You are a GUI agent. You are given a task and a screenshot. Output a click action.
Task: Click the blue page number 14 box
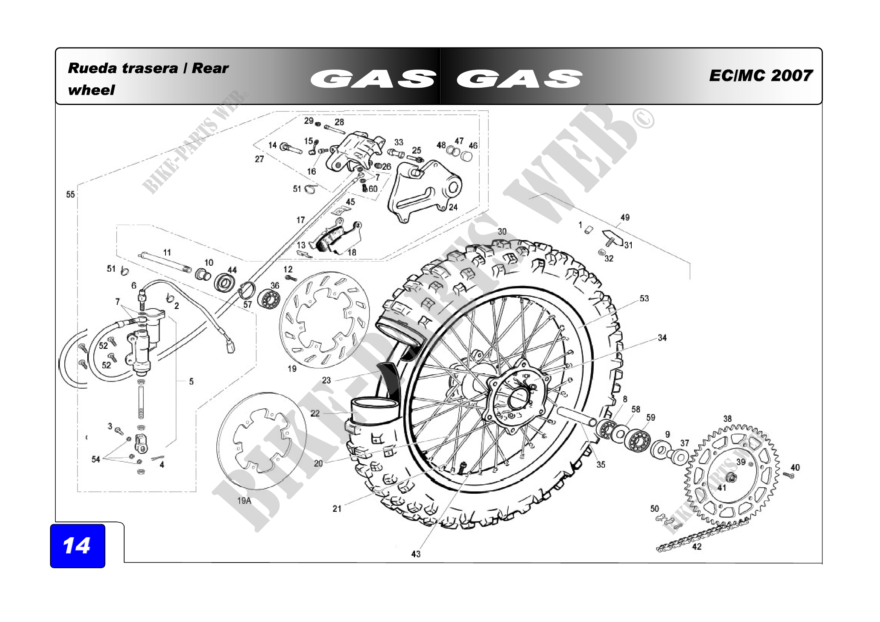pos(78,546)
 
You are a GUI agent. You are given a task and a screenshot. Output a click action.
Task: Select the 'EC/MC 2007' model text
pos(760,76)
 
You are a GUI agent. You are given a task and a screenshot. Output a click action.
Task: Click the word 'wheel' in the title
pos(91,90)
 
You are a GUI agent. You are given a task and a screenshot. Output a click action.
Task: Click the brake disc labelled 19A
pos(261,441)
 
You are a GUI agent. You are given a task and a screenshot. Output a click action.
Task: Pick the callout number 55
pos(70,194)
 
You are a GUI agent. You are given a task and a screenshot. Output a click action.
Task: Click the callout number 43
pos(416,554)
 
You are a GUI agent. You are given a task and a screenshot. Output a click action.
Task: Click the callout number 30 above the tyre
pos(502,231)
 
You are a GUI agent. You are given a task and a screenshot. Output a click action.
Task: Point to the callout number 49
pos(625,217)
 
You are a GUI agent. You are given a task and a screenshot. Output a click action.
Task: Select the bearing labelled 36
pos(269,299)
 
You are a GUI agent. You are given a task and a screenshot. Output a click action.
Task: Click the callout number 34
pos(662,338)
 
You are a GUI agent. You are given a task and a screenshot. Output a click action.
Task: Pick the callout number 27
pos(260,159)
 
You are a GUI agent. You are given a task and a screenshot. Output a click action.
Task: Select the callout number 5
pos(191,381)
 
